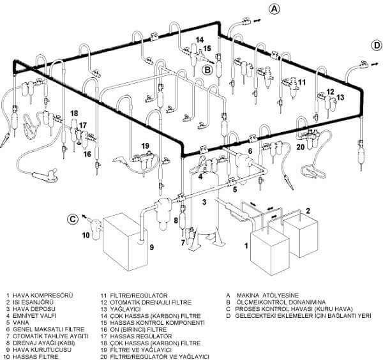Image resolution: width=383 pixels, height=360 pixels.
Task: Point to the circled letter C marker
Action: [73, 219]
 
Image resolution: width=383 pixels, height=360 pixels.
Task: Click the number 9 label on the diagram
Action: [151, 247]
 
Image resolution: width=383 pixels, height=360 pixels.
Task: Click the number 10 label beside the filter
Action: [85, 235]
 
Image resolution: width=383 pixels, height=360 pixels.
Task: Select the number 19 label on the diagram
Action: [145, 146]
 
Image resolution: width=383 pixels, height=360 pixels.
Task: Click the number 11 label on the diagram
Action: [301, 82]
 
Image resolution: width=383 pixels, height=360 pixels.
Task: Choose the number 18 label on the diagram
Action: [75, 114]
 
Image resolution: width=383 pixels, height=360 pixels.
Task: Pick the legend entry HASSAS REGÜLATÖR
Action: [135, 335]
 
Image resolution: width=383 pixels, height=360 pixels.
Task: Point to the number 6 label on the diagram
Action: [250, 151]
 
